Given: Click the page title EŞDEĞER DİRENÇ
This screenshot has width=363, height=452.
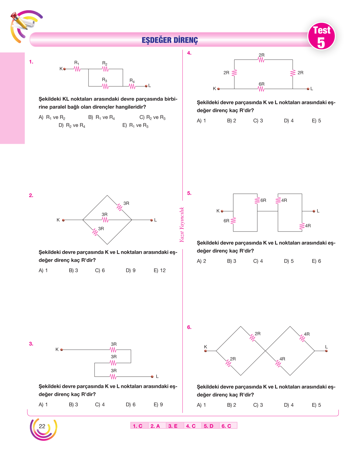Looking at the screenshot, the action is click(170, 40).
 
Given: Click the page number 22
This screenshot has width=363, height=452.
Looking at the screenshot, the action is click(42, 426).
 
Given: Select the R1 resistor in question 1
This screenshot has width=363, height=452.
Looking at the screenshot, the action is click(77, 69).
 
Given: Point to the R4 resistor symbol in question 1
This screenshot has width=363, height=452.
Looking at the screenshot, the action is click(132, 86).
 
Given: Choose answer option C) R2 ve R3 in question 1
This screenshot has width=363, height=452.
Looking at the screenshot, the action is click(152, 117).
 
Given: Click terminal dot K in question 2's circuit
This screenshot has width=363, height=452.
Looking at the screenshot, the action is click(63, 220).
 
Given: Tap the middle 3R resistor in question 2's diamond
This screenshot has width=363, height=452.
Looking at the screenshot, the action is click(105, 220).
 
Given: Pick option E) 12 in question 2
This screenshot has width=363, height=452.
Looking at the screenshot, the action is click(159, 270).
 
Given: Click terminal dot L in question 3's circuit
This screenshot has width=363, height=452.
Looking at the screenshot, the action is click(152, 377).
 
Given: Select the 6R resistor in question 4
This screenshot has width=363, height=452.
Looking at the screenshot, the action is click(261, 89).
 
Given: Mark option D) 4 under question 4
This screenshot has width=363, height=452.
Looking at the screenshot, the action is click(289, 120).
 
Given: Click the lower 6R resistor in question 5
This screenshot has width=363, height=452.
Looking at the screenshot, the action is click(233, 221).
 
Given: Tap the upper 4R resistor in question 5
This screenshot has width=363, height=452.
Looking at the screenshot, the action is click(278, 201).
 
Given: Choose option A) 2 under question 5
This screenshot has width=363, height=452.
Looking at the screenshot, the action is click(201, 261).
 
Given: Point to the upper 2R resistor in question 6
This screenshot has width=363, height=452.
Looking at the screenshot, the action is click(252, 338).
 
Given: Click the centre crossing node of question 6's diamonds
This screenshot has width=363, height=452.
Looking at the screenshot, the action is click(265, 351).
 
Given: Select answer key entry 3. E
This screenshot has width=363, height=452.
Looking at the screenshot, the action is click(173, 426).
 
